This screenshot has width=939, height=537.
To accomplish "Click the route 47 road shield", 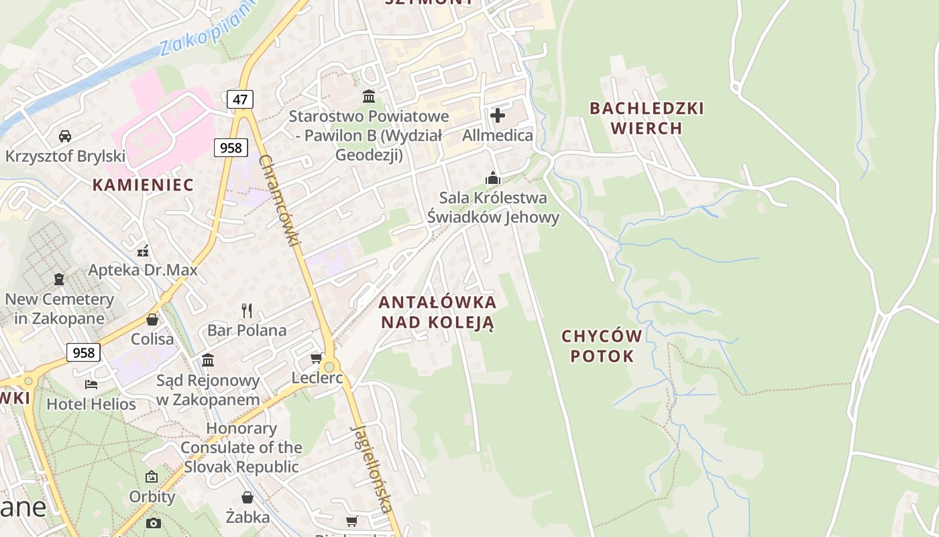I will tap(240, 100).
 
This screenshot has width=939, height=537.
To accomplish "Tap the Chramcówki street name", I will tap(278, 200).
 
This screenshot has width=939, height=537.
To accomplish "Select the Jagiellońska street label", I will tap(371, 469).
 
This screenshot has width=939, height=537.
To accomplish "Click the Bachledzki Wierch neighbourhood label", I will tap(647, 118).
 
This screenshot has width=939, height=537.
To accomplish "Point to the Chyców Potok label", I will tap(602, 346).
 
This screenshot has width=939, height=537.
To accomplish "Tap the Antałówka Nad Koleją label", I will tap(438, 312).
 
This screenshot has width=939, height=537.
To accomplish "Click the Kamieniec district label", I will tap(143, 185).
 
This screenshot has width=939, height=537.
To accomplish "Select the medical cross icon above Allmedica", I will tap(498, 115).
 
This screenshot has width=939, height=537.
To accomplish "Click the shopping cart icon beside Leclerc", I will tap(317, 358).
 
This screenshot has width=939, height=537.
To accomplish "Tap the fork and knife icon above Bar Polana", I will tap(247, 310).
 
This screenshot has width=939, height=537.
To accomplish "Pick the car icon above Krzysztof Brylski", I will tap(65, 136).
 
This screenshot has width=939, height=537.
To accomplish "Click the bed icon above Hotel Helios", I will tap(91, 385).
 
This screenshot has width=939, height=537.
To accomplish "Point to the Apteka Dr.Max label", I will tap(144, 270).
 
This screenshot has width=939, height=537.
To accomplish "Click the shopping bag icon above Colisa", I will tap(152, 320).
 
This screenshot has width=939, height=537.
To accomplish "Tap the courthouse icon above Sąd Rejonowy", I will tap(208, 360).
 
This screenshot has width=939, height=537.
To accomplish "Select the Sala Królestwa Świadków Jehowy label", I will tap(494, 207).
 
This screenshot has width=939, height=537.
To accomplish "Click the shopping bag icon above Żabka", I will tap(247, 497).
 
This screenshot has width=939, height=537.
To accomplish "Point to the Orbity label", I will tap(152, 497).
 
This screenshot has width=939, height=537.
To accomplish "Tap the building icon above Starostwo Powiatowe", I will tap(368, 96).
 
